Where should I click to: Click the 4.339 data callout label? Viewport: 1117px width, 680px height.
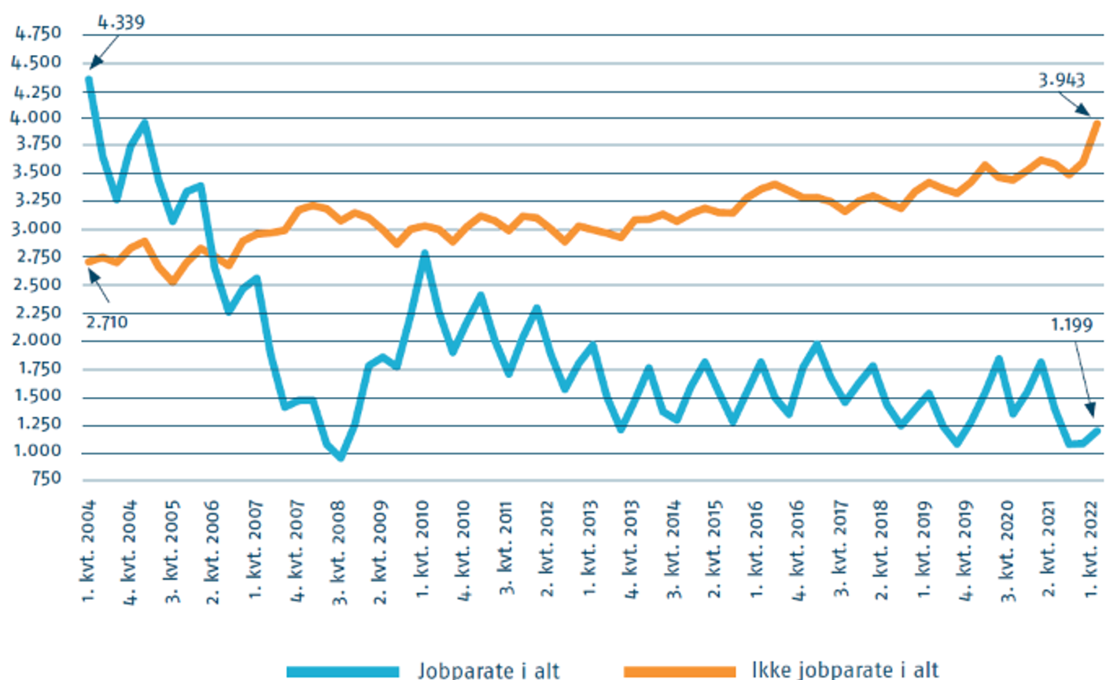point(121,22)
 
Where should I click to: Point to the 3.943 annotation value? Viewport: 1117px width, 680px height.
point(1061,80)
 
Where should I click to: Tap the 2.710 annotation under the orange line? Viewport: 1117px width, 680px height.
point(106,322)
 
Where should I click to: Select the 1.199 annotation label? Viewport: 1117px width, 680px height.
point(1071,325)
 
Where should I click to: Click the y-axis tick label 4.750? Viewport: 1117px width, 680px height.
point(38,34)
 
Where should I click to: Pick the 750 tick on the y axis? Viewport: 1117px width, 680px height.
point(47,478)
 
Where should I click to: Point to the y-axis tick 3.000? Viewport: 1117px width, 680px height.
point(38,229)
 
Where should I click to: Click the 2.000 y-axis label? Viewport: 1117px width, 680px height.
point(38,340)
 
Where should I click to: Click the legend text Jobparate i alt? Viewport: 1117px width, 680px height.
point(488,670)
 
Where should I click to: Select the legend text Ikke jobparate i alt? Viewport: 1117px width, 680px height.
point(845,670)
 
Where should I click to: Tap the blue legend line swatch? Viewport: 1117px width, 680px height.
point(342,671)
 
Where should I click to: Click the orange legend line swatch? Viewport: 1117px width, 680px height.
point(680,671)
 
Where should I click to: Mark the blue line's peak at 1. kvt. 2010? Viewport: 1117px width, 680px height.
point(424,254)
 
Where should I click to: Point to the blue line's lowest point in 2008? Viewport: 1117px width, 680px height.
point(340,457)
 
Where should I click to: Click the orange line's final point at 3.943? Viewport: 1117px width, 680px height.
point(1097,123)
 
